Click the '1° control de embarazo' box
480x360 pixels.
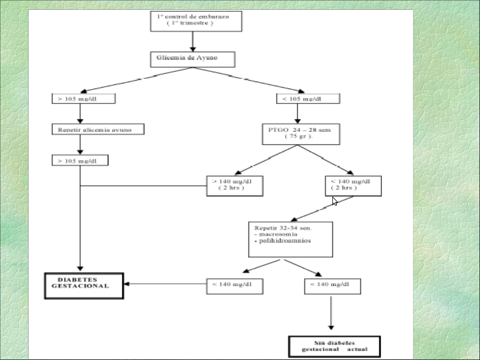click(196, 21)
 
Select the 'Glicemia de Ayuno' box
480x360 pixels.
click(193, 60)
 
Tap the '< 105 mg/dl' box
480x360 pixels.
click(307, 99)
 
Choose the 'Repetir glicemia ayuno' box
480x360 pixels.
click(97, 129)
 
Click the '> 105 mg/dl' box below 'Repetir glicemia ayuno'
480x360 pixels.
click(80, 161)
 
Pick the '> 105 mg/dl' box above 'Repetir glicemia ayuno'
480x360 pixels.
click(83, 99)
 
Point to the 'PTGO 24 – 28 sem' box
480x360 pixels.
click(300, 134)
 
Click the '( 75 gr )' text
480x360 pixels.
click(298, 137)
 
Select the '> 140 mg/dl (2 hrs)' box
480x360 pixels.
click(234, 186)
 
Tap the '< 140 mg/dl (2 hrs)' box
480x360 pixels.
click(353, 186)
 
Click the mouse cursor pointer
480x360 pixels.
click(335, 201)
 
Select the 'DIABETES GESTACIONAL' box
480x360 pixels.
click(84, 285)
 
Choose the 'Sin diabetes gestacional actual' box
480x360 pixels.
click(334, 346)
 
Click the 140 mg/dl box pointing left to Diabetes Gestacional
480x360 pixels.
click(234, 286)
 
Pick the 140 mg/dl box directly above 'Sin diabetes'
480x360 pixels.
click(332, 286)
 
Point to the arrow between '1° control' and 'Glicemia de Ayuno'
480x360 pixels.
click(193, 42)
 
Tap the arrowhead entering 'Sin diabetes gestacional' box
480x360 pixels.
click(331, 327)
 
